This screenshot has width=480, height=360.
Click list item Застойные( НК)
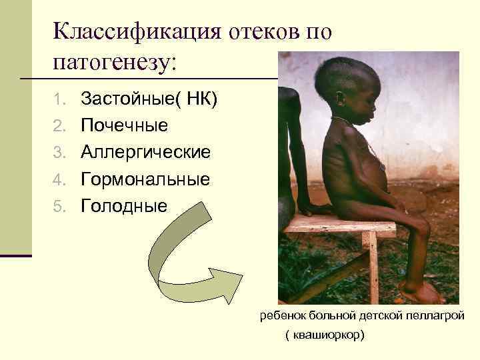[149, 100]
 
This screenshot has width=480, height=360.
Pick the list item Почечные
[124, 126]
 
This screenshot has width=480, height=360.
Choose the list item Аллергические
[146, 153]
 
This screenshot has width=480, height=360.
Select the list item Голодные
[124, 206]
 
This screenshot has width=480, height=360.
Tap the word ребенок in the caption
[281, 315]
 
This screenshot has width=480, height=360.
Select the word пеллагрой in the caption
[440, 315]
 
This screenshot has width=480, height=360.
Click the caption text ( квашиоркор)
[325, 335]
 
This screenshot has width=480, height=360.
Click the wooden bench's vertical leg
[371, 267]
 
